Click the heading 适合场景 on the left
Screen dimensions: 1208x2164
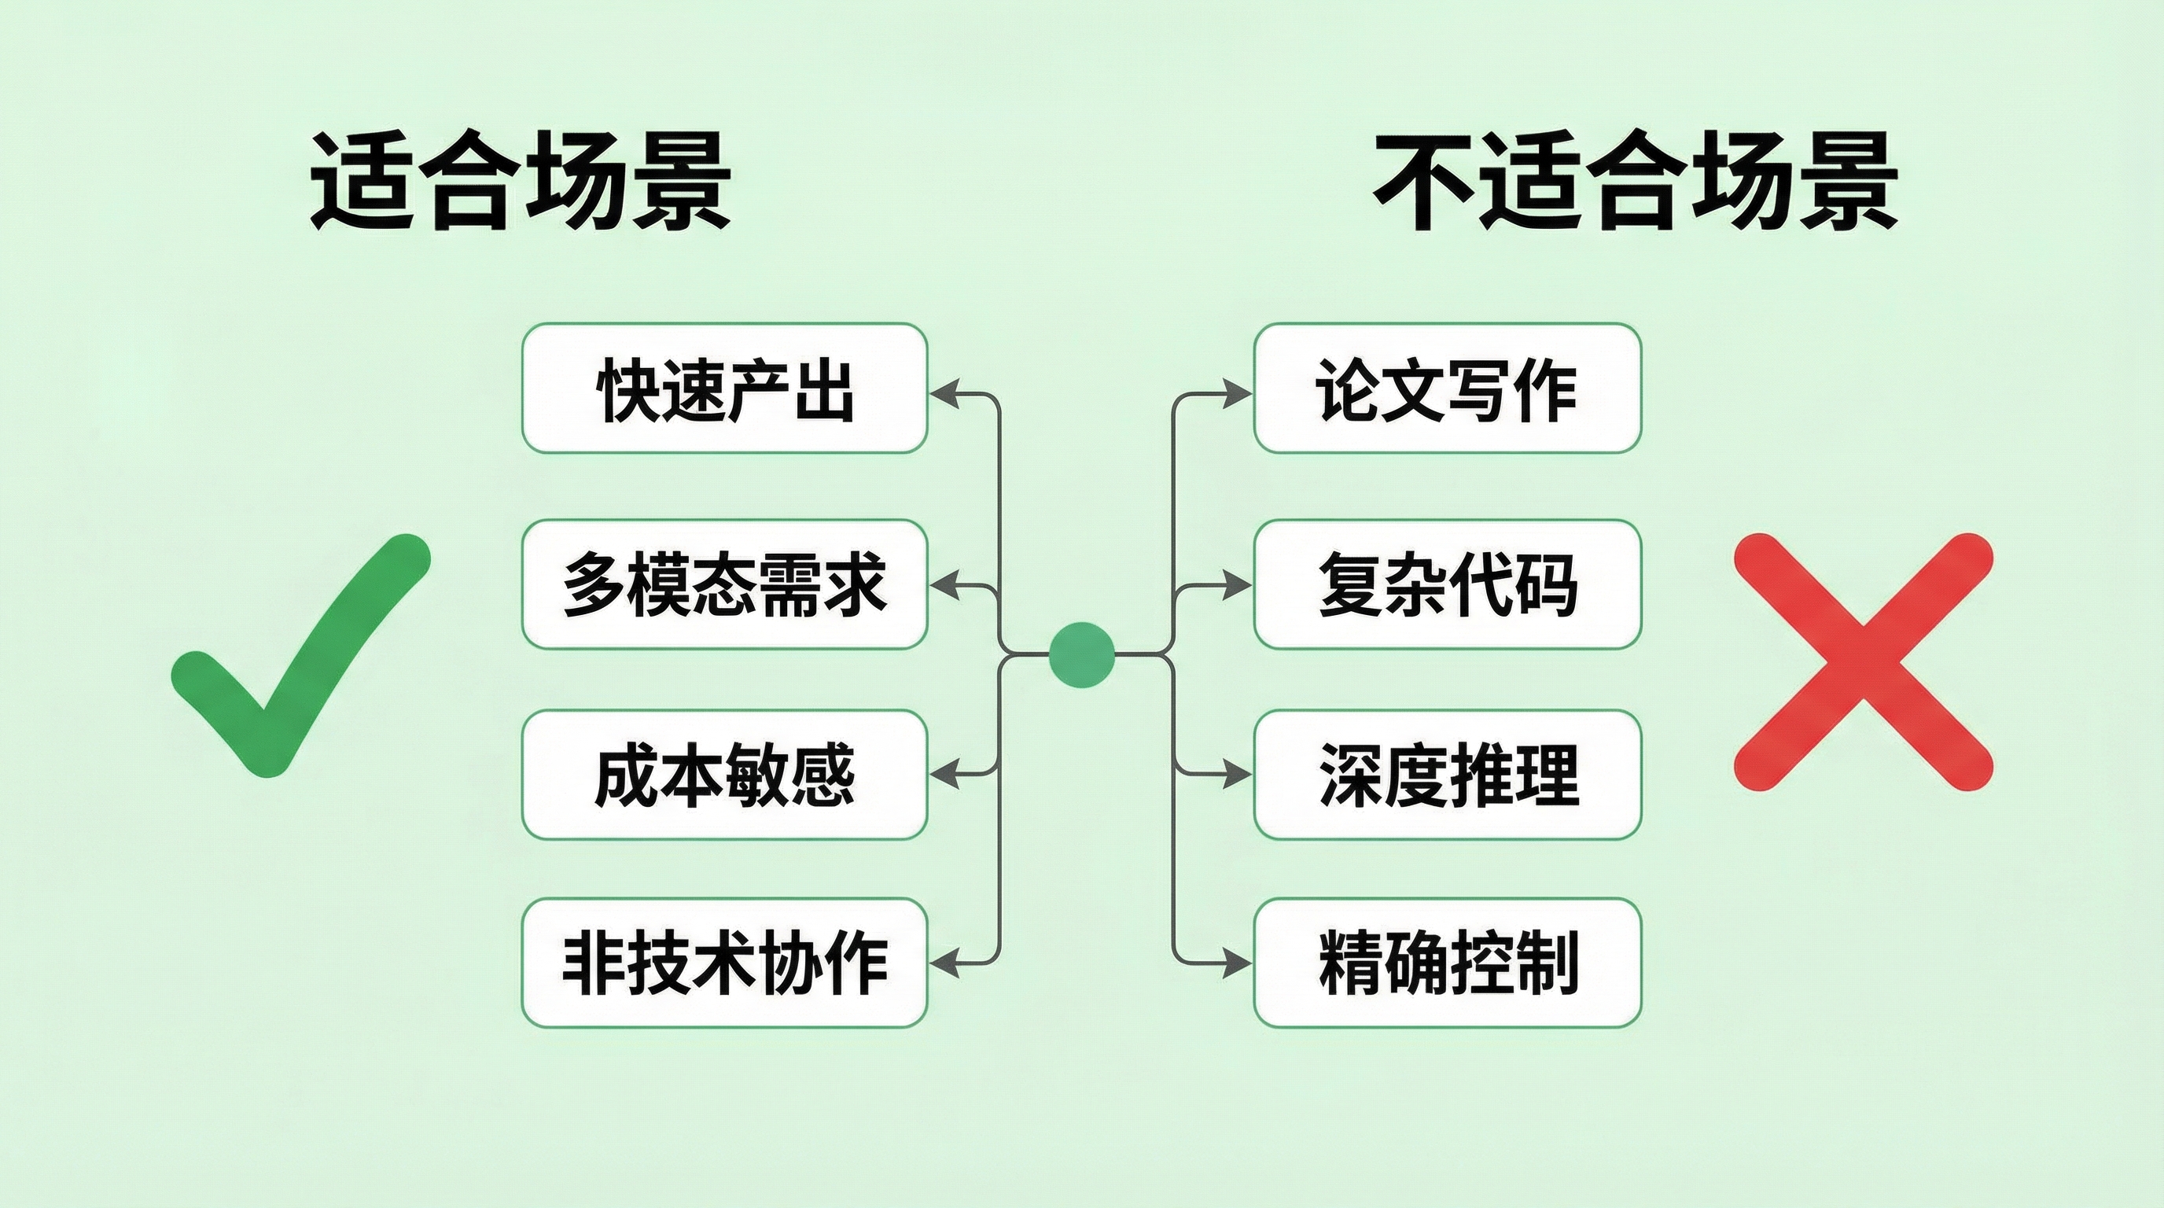point(520,181)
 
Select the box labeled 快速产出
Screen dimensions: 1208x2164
point(724,388)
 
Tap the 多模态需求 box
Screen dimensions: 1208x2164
point(724,584)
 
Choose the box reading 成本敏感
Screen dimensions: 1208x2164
point(724,774)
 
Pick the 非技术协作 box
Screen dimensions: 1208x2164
point(724,963)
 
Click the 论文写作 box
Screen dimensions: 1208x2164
point(1447,388)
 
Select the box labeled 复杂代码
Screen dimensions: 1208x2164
point(1447,584)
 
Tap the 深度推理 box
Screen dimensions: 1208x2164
point(1447,774)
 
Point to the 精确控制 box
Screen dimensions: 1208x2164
point(1447,963)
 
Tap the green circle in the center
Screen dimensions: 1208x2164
point(1082,654)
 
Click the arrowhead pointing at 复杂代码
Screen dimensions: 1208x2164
point(1238,586)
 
